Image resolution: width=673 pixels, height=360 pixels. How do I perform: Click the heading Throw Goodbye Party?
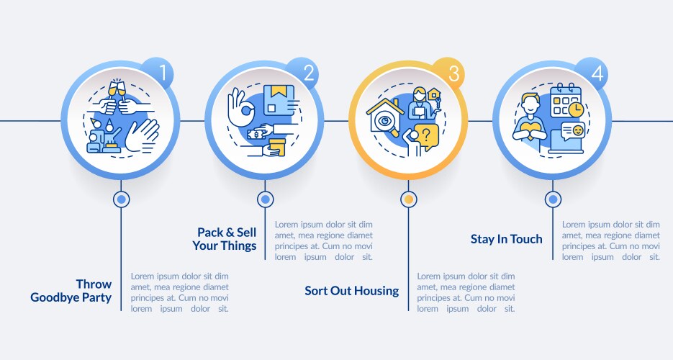[x=71, y=291]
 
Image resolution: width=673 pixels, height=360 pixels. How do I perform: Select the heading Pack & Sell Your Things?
[x=225, y=239]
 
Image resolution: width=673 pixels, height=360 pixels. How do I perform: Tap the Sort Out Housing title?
[x=351, y=291]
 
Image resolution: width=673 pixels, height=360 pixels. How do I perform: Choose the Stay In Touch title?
[x=507, y=239]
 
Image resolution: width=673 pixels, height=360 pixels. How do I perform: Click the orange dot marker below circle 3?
[x=409, y=199]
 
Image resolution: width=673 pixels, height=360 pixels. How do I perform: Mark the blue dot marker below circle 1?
[x=122, y=199]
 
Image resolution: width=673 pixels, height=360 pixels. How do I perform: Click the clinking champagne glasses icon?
[x=117, y=89]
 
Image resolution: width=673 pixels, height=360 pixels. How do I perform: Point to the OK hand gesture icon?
[x=241, y=107]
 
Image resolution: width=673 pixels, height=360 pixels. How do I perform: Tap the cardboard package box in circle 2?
[x=279, y=100]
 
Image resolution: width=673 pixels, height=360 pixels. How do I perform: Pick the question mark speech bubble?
[x=426, y=138]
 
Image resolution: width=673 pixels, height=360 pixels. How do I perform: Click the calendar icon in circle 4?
[x=565, y=100]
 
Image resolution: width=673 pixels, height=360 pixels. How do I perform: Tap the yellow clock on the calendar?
[x=576, y=109]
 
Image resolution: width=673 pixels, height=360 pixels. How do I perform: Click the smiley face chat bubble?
[x=573, y=130]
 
